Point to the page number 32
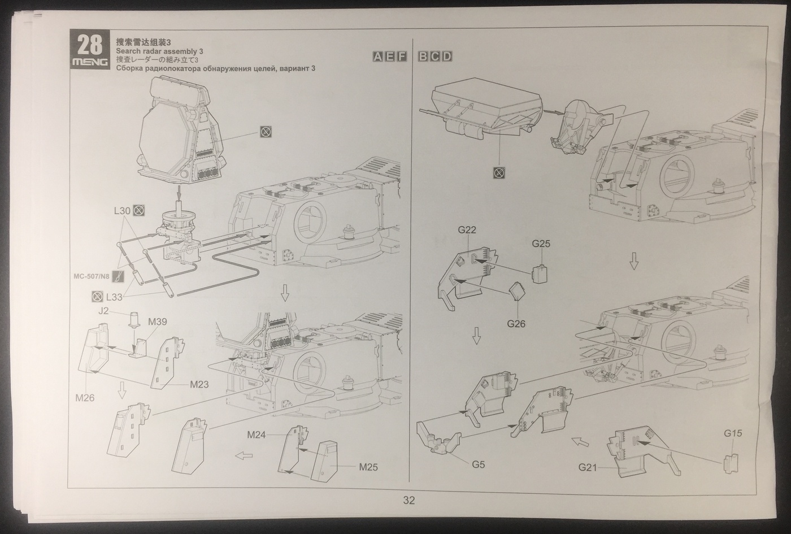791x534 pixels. pyautogui.click(x=409, y=500)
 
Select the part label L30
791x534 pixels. pyautogui.click(x=122, y=211)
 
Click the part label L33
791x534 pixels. pyautogui.click(x=114, y=296)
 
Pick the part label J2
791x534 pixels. pyautogui.click(x=103, y=310)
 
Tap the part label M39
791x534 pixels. pyautogui.click(x=158, y=322)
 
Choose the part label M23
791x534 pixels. pyautogui.click(x=199, y=384)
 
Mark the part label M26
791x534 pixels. pyautogui.click(x=85, y=398)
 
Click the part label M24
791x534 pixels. pyautogui.click(x=257, y=435)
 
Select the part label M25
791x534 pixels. pyautogui.click(x=368, y=467)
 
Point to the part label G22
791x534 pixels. pyautogui.click(x=467, y=230)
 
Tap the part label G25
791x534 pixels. pyautogui.click(x=541, y=244)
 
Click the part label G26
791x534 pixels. pyautogui.click(x=516, y=324)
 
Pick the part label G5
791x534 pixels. pyautogui.click(x=479, y=464)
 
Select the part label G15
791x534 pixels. pyautogui.click(x=733, y=433)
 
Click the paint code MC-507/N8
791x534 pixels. pyautogui.click(x=91, y=276)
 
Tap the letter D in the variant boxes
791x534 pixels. pyautogui.click(x=446, y=56)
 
